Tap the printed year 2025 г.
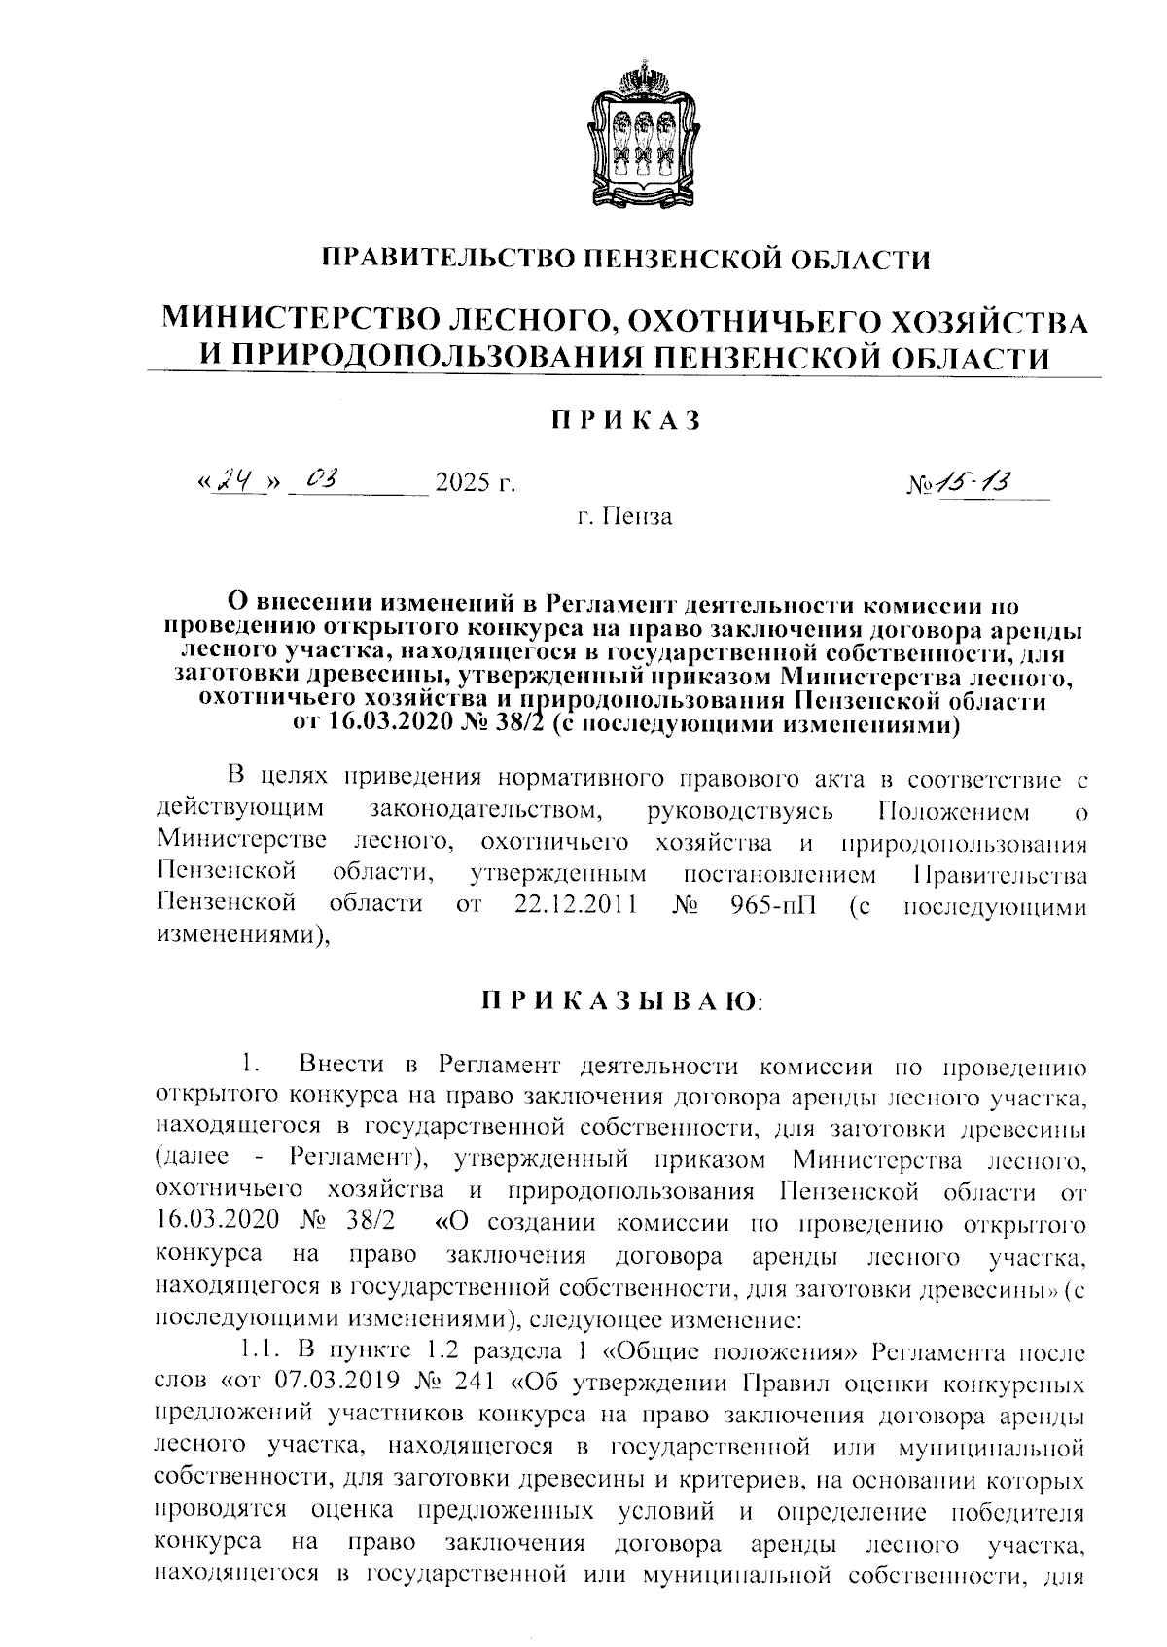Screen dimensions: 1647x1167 tap(474, 482)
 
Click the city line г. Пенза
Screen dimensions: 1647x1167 tap(623, 515)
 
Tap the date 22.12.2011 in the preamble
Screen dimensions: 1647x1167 tap(573, 905)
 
